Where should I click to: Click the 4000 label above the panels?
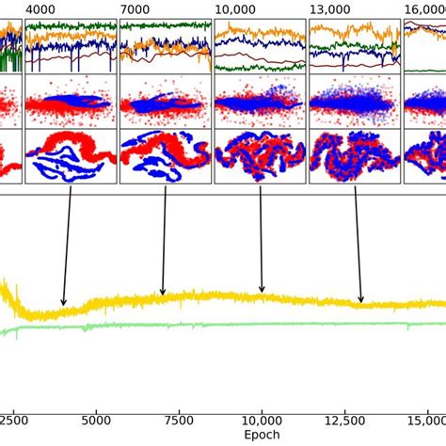click(40, 8)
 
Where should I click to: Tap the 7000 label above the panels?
click(135, 8)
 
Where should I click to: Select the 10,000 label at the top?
click(235, 8)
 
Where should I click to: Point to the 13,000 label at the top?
click(330, 8)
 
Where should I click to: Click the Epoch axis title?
click(262, 436)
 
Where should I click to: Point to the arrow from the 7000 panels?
click(164, 241)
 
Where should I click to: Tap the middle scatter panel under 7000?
click(165, 102)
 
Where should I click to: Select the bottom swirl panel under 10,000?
click(260, 156)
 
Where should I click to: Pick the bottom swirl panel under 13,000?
click(355, 156)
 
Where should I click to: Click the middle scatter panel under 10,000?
click(260, 102)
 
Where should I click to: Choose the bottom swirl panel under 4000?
click(71, 156)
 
